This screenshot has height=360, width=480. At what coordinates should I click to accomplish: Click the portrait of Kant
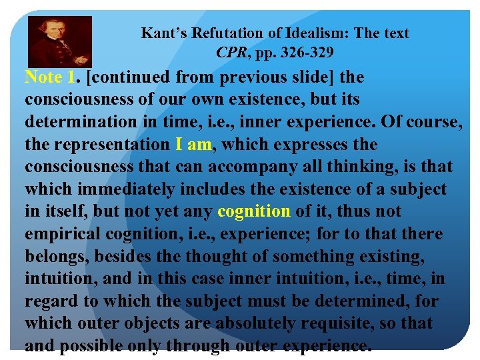click(x=60, y=41)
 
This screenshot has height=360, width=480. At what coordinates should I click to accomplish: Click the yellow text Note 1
click(x=49, y=77)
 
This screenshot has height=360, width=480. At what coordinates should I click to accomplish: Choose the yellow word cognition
click(x=254, y=211)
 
